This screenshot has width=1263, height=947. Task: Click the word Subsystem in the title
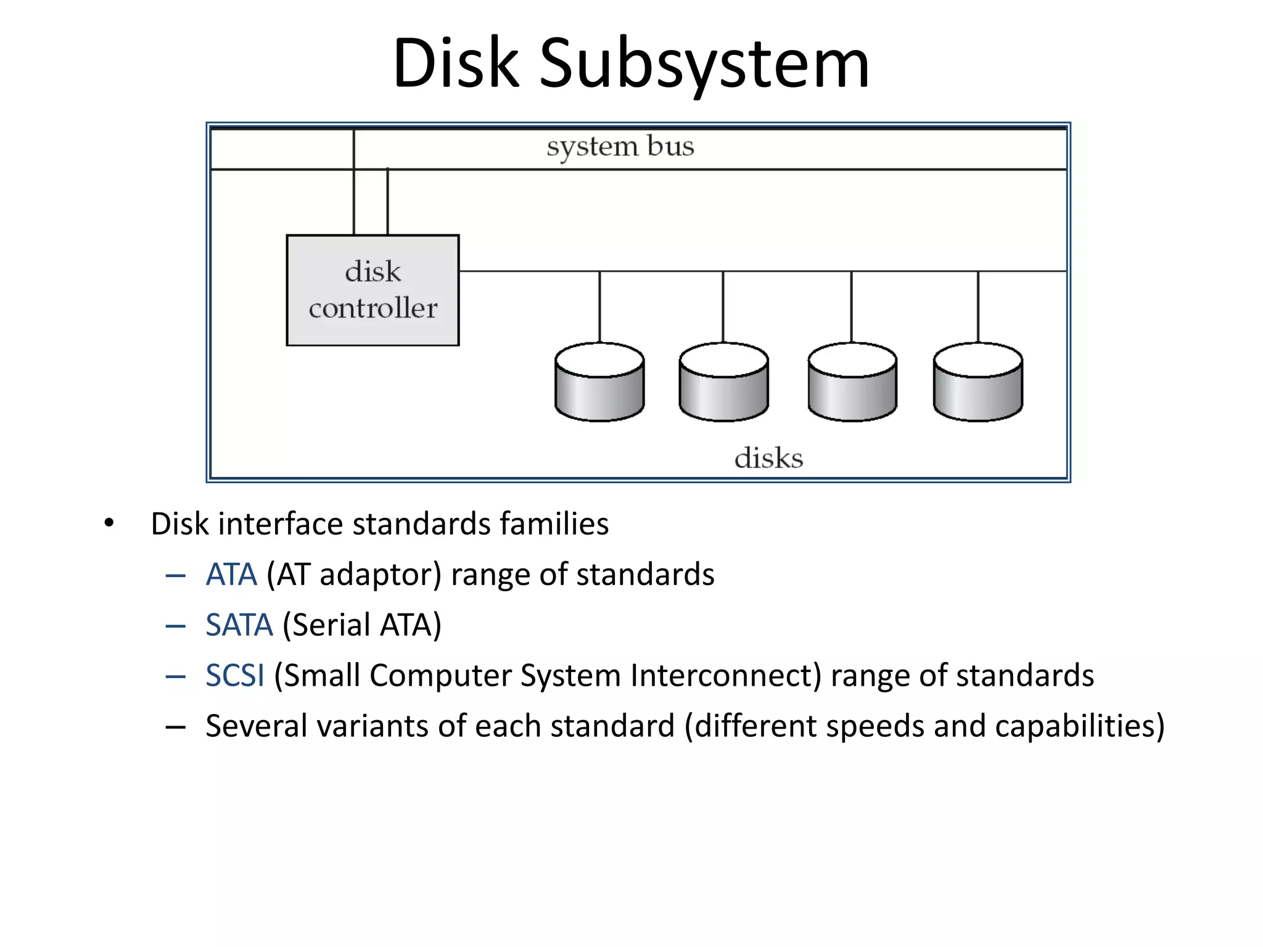click(704, 64)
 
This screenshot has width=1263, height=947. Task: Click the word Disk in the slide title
click(456, 64)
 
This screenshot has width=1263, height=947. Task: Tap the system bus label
click(620, 147)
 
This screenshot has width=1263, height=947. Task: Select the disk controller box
click(372, 290)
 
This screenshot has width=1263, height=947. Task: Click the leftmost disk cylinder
click(599, 382)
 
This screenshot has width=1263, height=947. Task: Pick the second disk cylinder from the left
click(723, 382)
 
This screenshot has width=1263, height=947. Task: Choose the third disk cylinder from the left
click(852, 382)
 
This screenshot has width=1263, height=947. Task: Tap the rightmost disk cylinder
click(977, 382)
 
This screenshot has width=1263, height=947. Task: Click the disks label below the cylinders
click(768, 458)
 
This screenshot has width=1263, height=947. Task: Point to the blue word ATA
click(231, 575)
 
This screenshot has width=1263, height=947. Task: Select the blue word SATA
click(239, 625)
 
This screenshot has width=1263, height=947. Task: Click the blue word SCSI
click(235, 676)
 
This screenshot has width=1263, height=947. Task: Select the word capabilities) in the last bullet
click(1079, 726)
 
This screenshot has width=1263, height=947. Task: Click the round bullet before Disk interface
click(109, 523)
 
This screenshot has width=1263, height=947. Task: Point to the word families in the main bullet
click(554, 523)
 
